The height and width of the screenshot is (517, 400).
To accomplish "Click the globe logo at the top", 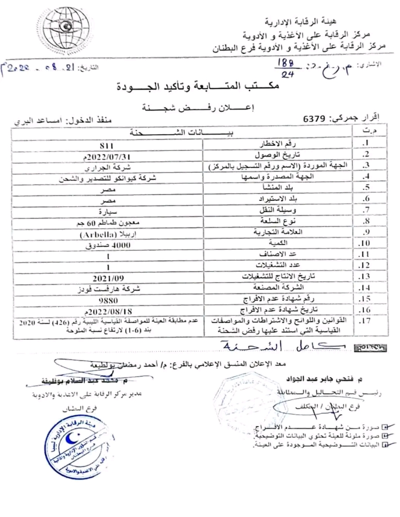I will [66, 28].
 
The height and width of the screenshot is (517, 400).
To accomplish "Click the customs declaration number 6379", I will [314, 119].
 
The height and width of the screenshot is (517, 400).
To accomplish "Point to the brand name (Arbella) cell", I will [108, 234].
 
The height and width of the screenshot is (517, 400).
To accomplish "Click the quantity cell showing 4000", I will [108, 245].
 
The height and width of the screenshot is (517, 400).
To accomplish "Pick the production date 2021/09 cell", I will [108, 278].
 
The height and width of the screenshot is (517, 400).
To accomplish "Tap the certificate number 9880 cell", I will [108, 300].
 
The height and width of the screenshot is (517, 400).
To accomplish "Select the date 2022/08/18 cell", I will [108, 311].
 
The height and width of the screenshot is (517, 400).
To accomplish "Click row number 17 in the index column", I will [364, 321].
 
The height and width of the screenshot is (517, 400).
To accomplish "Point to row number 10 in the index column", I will [364, 243].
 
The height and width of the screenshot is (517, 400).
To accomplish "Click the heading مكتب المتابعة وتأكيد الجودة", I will [198, 87].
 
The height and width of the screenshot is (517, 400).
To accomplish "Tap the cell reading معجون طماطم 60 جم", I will [108, 223].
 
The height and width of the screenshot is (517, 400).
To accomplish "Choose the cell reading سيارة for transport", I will [108, 212].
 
